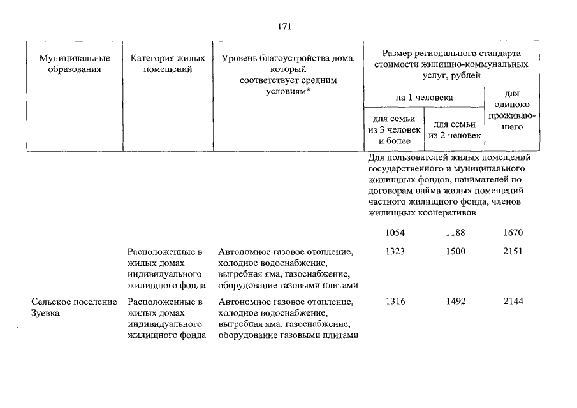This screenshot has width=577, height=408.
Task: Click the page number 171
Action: coord(284,26)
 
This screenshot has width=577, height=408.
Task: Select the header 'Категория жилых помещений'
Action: coord(167,64)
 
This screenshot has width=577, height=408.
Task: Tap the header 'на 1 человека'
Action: coord(423,98)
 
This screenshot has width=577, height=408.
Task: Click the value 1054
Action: coord(395,233)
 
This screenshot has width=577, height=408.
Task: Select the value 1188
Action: coord(456,233)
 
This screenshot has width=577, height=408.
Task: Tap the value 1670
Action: coord(513,233)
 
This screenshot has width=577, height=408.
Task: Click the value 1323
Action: coord(395,252)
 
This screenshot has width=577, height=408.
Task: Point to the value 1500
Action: coord(456,252)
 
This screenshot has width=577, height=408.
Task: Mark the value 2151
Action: coord(513,252)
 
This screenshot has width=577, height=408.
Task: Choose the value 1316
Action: coord(395,302)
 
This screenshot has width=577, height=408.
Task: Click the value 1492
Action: coord(456,302)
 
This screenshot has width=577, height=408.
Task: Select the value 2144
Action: coord(513,302)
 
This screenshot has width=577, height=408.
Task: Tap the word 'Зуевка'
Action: coord(45,313)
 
